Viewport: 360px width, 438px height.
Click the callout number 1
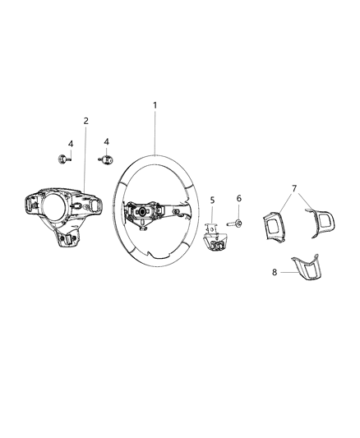point(155,105)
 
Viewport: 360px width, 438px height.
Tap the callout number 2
point(86,121)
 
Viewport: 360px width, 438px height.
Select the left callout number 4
point(70,144)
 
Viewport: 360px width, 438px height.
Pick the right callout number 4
point(106,142)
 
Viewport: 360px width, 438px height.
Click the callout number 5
point(211,200)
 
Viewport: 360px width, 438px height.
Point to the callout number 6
point(239,199)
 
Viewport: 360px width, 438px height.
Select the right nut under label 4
point(106,159)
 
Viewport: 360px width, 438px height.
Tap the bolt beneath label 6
point(237,223)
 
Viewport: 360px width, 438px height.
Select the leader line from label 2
point(85,156)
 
